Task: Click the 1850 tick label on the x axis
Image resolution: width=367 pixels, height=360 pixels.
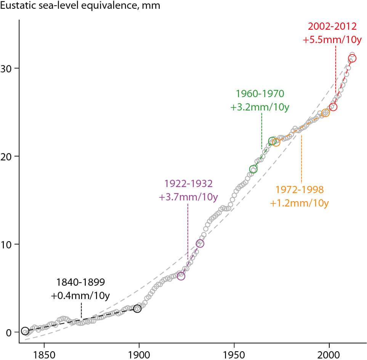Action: pyautogui.click(x=44, y=353)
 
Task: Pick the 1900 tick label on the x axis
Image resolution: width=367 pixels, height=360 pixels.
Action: pyautogui.click(x=139, y=353)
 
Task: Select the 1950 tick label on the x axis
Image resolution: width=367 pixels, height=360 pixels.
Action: pyautogui.click(x=234, y=353)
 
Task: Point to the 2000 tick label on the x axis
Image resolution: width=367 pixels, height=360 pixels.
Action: pyautogui.click(x=329, y=353)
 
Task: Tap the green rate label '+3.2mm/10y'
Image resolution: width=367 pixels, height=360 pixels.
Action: pyautogui.click(x=260, y=107)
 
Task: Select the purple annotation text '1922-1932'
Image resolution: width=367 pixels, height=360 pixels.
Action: pyautogui.click(x=188, y=184)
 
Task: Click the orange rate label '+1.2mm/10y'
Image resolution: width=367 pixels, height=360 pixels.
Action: pyautogui.click(x=299, y=203)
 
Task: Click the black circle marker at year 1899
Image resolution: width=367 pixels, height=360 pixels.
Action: pyautogui.click(x=137, y=309)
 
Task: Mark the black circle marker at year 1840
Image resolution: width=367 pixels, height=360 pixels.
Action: pyautogui.click(x=25, y=331)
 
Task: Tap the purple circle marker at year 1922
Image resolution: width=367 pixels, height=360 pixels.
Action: pyautogui.click(x=181, y=276)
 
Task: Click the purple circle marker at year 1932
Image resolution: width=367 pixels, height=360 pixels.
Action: pyautogui.click(x=200, y=243)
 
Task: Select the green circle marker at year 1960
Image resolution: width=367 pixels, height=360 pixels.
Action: pyautogui.click(x=253, y=169)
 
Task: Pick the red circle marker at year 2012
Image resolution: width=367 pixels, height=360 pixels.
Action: pyautogui.click(x=352, y=58)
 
